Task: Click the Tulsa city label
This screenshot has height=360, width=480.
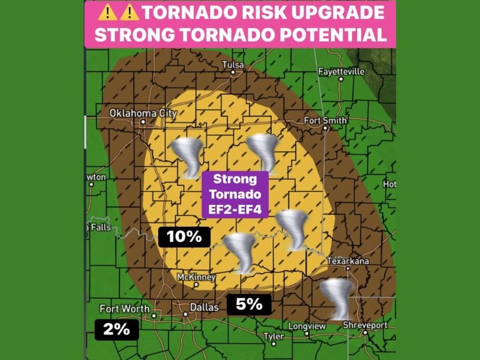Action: (x=234, y=64)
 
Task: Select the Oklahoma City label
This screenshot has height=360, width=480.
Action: (x=143, y=113)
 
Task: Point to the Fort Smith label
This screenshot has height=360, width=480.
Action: (x=325, y=120)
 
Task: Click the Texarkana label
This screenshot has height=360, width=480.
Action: (x=348, y=261)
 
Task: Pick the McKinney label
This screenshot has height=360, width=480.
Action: (x=196, y=277)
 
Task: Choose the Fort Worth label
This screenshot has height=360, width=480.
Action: (x=124, y=308)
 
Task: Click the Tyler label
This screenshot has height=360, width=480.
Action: (x=274, y=337)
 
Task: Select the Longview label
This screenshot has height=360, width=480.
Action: (x=307, y=326)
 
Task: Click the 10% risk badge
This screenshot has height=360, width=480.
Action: (x=184, y=236)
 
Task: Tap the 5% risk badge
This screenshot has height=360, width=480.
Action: (x=249, y=304)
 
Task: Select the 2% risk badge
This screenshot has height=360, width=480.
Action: (x=116, y=328)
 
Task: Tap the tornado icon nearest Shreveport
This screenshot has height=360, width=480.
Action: (x=335, y=298)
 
